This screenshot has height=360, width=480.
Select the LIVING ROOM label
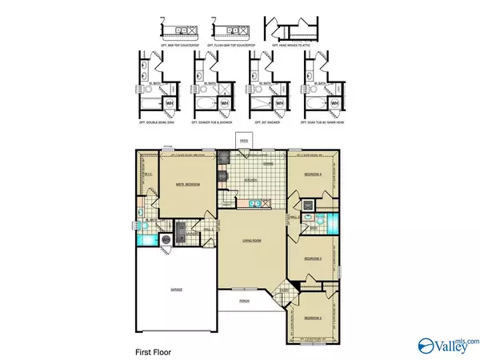tap(254, 239)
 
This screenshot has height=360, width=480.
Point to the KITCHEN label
tap(250, 180)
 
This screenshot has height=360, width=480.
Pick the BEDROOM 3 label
tap(312, 259)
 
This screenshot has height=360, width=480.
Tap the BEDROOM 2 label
tap(312, 318)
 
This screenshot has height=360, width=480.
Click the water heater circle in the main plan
tap(166, 238)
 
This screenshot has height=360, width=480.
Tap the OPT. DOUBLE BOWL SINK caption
tap(158, 122)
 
